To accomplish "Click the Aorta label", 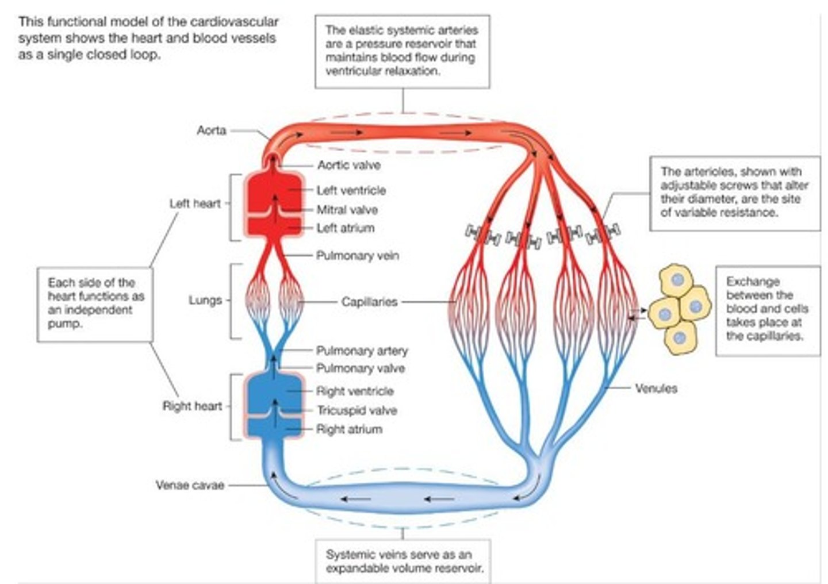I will tap(211, 130).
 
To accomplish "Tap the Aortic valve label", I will tap(348, 165).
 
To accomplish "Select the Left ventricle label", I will tap(351, 190).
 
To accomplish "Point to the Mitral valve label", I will tap(347, 210).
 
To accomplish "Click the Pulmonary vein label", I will tap(357, 255).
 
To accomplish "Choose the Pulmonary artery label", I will tap(362, 350).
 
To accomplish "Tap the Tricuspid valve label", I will tap(356, 410).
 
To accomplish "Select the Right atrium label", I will tap(349, 429).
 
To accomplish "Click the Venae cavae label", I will tap(190, 485).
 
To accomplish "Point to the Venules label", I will tap(655, 389).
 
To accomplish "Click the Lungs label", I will tap(205, 300).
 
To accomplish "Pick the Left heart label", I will tap(195, 203).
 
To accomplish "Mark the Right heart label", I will tap(192, 406).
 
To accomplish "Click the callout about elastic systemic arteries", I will tap(402, 51).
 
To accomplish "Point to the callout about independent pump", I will tap(95, 303).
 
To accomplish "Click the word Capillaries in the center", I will tap(369, 301).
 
